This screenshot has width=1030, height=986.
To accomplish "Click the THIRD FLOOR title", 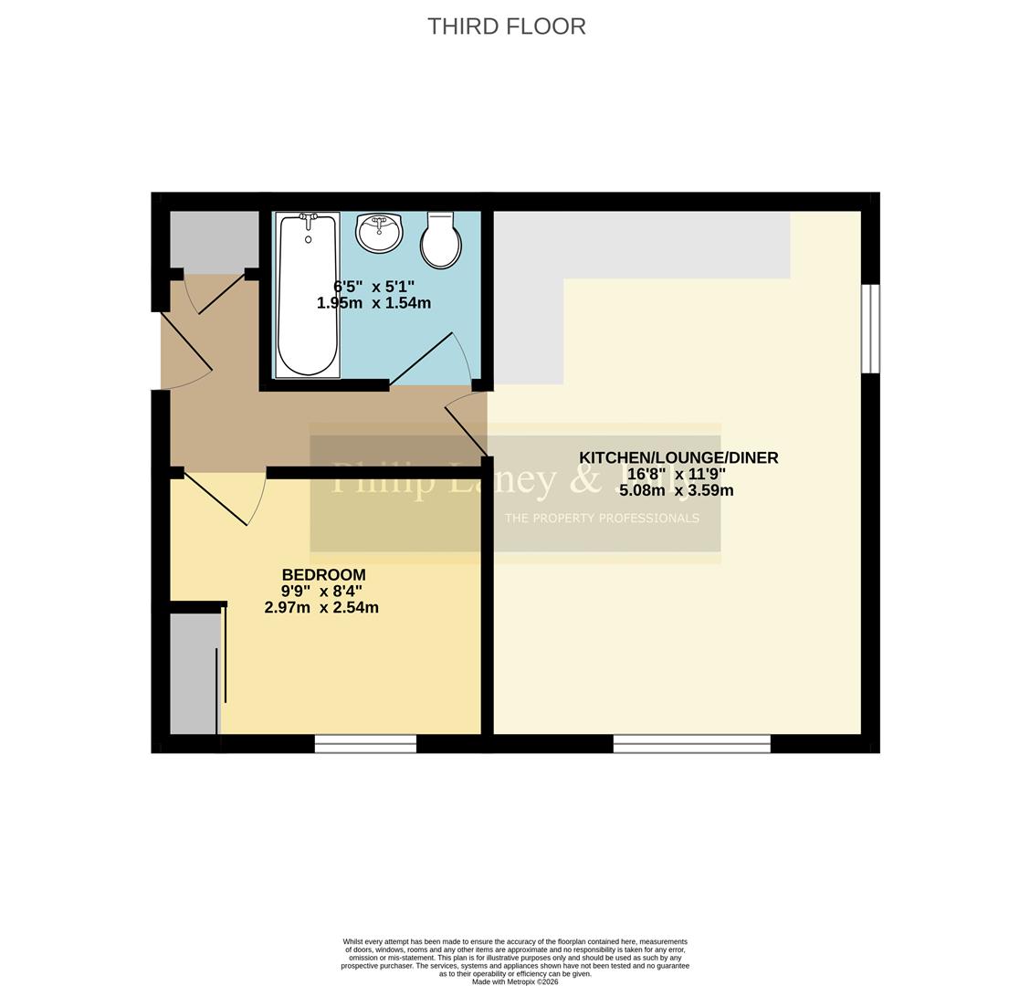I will click(x=507, y=26).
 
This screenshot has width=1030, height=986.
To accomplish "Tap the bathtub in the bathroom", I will click(x=308, y=295).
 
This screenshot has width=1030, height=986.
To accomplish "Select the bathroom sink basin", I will click(x=379, y=233).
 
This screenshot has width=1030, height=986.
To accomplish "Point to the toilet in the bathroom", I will click(x=440, y=241).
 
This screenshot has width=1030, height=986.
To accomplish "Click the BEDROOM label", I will click(x=323, y=575).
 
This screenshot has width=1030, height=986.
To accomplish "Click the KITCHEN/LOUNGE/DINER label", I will click(x=678, y=458).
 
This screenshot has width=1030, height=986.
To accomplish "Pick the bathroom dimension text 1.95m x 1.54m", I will click(x=373, y=303).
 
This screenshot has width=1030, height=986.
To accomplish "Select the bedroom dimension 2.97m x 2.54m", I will click(x=321, y=607).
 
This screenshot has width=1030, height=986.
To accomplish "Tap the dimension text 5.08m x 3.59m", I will click(x=677, y=490).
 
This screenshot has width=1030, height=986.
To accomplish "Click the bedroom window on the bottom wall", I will click(x=365, y=744).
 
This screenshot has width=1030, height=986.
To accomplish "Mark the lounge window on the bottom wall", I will click(x=691, y=744).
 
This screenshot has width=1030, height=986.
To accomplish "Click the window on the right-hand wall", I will click(x=870, y=329).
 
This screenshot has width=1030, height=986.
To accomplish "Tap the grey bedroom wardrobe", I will click(x=194, y=674).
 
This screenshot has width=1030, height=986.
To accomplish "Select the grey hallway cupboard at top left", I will click(x=214, y=241).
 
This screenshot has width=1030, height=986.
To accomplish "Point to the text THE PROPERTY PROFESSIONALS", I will click(x=602, y=519).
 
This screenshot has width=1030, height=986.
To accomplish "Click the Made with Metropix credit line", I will click(x=515, y=981).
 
